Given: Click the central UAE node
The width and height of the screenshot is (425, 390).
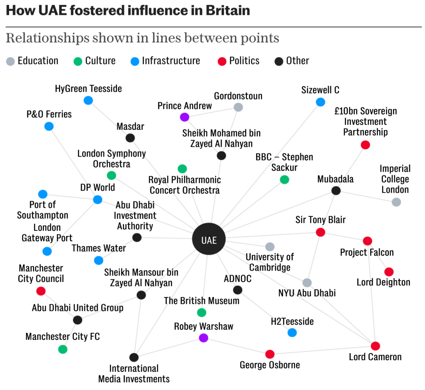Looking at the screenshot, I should tap(209, 240).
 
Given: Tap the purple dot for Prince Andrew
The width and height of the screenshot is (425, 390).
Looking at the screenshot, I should tap(185, 117).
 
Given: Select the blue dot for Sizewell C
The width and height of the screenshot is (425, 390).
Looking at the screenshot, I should tap(320, 102).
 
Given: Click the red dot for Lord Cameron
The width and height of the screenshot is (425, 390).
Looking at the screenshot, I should tap(375, 346).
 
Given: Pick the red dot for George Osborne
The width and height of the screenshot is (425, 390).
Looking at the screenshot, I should tap(270, 354).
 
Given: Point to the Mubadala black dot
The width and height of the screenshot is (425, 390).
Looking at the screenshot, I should tap(336, 191).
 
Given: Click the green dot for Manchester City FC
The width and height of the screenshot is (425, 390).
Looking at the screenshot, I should tap(63, 349).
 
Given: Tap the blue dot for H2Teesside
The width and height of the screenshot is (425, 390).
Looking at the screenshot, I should tap(292, 332).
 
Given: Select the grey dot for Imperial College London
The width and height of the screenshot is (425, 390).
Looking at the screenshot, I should tap(396, 202).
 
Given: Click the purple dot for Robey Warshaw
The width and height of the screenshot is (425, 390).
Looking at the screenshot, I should tap(203, 338).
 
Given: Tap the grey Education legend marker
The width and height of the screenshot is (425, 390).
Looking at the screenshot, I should tap(10, 61).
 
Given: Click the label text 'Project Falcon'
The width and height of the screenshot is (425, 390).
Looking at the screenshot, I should tap(367, 252).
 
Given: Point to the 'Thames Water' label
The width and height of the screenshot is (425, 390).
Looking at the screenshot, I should tap(99, 248).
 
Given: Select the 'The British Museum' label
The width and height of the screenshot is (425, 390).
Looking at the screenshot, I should tap(202, 301).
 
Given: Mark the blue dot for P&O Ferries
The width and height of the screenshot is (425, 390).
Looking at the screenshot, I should tap(49, 126).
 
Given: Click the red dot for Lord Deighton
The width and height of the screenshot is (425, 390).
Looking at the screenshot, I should tap(389, 272).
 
